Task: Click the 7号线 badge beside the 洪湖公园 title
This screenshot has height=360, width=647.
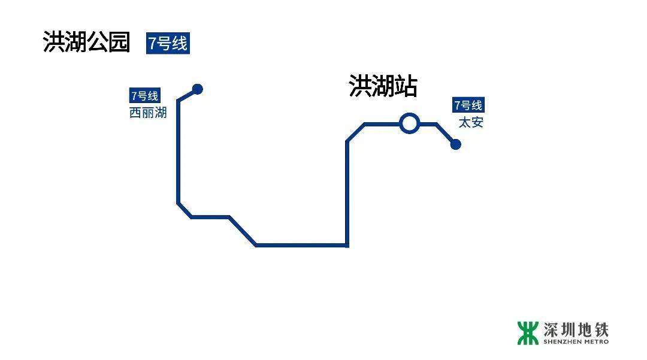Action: tap(168, 44)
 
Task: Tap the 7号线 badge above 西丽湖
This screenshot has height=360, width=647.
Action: tap(144, 96)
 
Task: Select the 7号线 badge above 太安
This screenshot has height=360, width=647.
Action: tap(468, 105)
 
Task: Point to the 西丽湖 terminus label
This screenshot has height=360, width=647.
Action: tap(148, 113)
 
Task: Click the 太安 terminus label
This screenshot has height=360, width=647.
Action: tap(471, 123)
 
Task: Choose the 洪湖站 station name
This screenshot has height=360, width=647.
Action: tap(383, 87)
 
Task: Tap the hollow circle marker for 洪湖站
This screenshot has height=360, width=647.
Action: tap(409, 123)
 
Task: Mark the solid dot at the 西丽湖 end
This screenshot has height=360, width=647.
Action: tap(198, 89)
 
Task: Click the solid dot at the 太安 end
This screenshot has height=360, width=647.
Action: tap(455, 144)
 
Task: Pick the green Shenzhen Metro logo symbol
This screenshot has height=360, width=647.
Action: tap(528, 333)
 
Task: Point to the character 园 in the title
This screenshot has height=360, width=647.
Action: tap(119, 43)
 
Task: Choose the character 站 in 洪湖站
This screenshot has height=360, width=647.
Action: tap(406, 87)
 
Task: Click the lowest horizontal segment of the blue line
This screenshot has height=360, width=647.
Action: tap(301, 245)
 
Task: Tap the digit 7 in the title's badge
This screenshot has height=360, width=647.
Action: tap(152, 44)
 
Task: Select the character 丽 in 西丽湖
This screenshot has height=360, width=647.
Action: tap(148, 113)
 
